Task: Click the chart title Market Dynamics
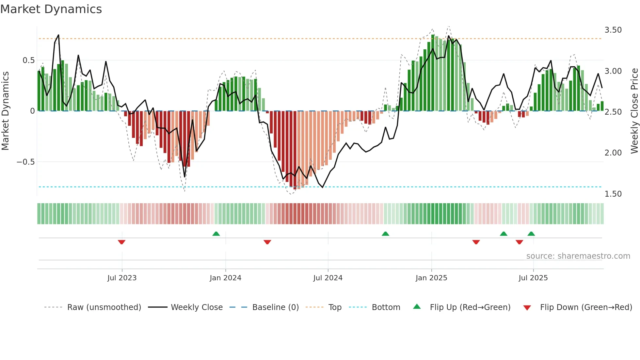51,9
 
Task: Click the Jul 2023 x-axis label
122,278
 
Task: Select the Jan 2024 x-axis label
225,278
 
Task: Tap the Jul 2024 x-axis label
328,278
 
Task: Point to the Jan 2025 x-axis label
431,278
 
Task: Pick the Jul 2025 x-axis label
533,278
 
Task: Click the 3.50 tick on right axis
613,30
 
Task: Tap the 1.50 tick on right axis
613,194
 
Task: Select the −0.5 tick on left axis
26,162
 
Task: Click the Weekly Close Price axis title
634,111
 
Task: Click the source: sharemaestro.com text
578,256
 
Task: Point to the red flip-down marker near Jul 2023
121,242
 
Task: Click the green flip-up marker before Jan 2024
216,234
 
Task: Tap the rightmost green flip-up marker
531,234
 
